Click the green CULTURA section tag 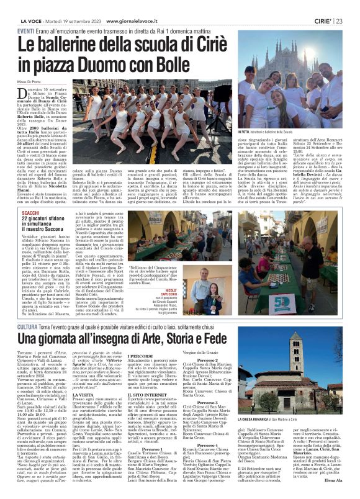(x=28, y=326)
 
